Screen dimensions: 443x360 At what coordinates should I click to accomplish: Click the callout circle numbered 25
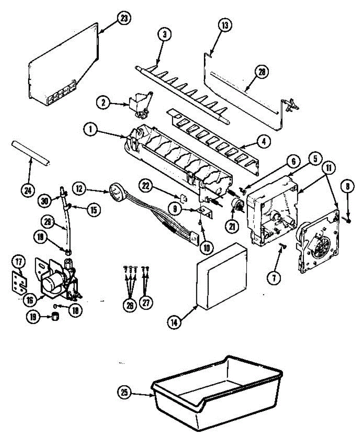coord(124,392)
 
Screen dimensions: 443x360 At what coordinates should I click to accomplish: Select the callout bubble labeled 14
coord(174,322)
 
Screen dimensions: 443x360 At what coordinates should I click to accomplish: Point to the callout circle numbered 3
coord(165,35)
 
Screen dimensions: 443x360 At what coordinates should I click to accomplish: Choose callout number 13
coord(225,26)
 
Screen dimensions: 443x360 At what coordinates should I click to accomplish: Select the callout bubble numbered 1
coord(90,130)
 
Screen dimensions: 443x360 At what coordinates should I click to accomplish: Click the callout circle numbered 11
coord(328,167)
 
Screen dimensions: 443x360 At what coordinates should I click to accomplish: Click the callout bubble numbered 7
coord(273,279)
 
